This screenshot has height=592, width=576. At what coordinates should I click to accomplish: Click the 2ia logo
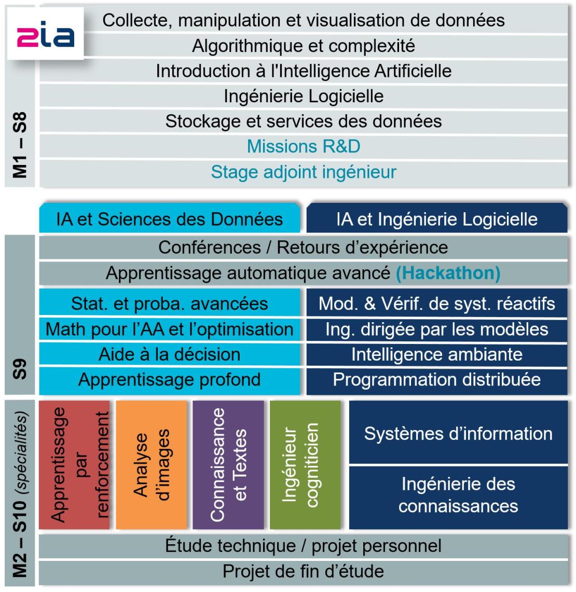point(46,35)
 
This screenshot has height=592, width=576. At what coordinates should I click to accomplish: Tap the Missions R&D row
point(304,147)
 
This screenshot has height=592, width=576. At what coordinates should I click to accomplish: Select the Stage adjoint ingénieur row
point(304,172)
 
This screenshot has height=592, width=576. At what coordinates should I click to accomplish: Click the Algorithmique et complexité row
point(304,46)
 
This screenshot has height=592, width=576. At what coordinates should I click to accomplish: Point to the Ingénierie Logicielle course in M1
point(304,96)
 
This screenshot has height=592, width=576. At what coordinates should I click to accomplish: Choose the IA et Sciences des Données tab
point(170,219)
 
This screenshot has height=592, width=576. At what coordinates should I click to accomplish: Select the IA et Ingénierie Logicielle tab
point(436,219)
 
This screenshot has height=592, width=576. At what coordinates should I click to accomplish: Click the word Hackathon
point(448,273)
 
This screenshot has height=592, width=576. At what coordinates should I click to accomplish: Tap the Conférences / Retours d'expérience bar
point(304,247)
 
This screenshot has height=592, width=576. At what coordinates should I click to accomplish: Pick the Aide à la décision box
point(170,354)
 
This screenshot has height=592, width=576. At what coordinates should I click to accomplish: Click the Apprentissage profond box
point(170,380)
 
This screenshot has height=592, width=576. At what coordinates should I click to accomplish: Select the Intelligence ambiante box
point(436,354)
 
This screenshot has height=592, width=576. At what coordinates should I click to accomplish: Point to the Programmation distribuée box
point(436,380)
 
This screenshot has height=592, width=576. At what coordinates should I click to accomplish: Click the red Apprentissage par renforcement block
point(74,464)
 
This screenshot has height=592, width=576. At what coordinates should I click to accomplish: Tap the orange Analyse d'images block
point(151,464)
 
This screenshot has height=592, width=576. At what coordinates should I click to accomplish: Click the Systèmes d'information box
point(458,433)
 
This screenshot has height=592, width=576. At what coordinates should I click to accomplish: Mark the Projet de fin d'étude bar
point(304,572)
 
